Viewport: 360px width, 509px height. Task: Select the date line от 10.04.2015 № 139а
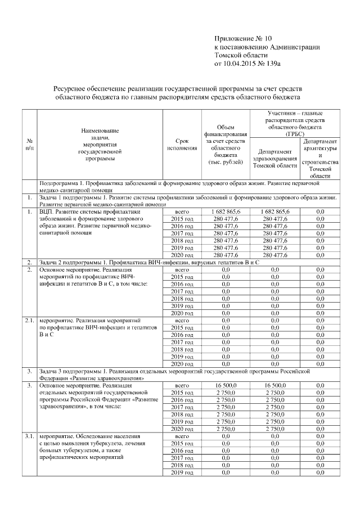(247, 64)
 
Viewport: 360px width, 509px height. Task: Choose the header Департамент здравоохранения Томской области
(275, 159)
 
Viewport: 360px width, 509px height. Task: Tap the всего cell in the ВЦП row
(182, 211)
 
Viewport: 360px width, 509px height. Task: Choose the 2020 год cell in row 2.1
(182, 364)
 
